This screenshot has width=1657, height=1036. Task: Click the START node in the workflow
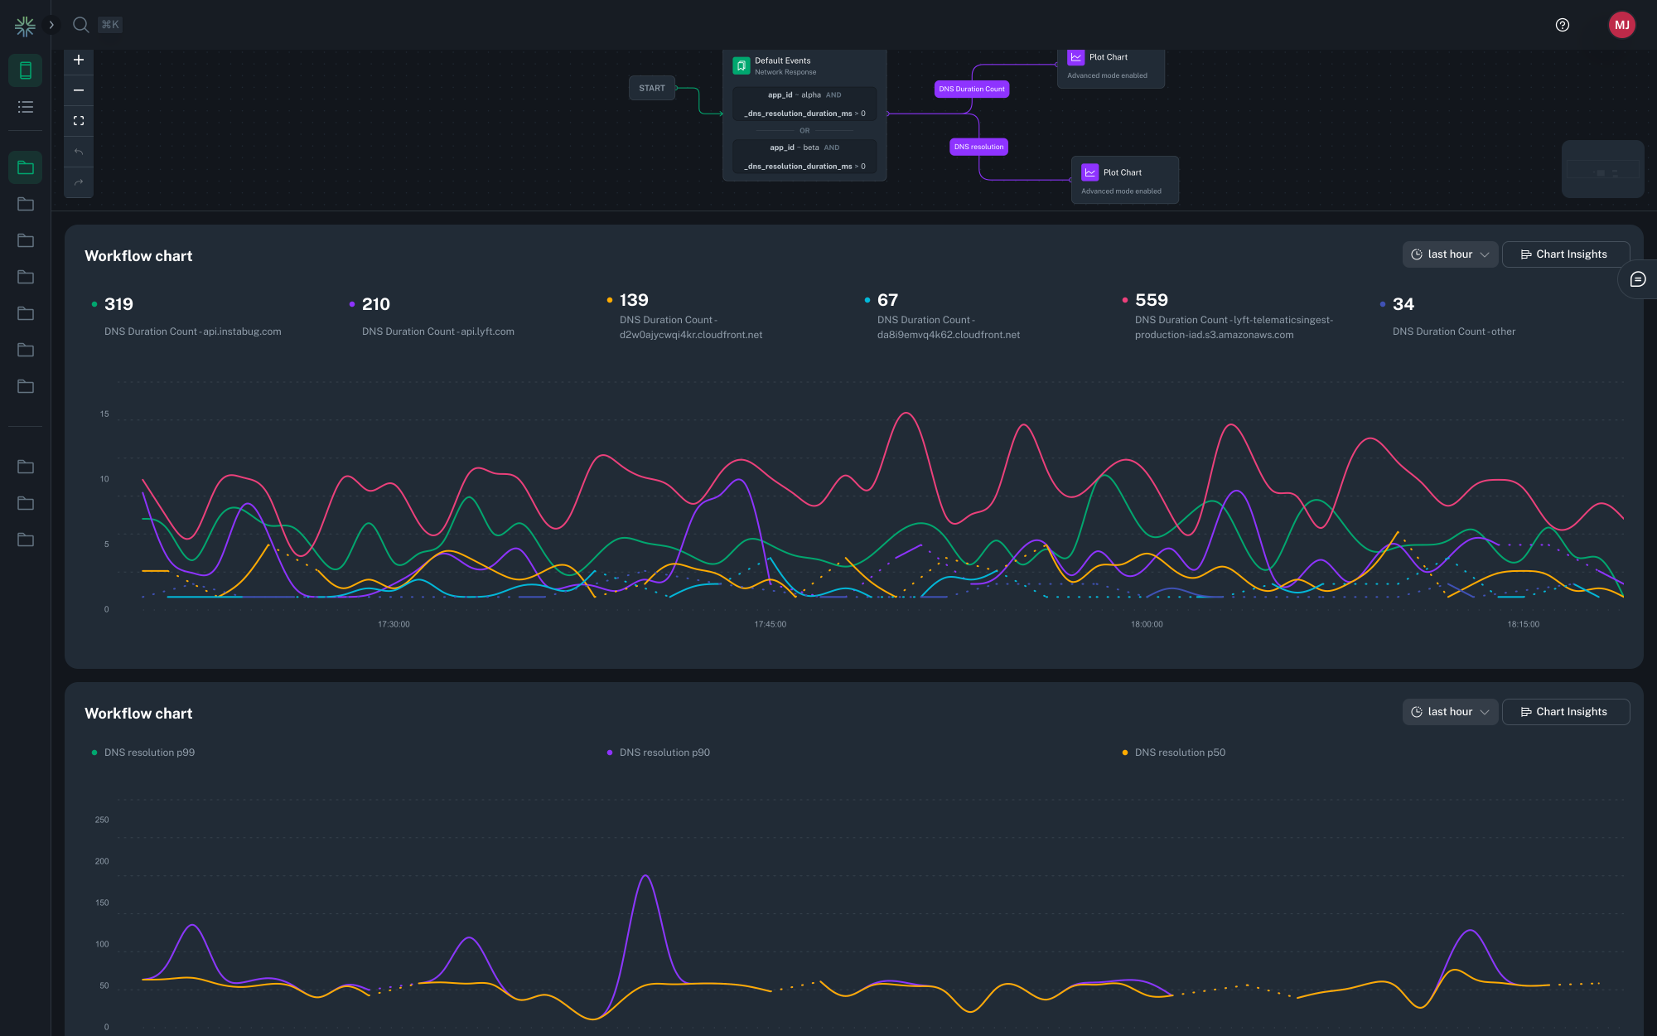(652, 88)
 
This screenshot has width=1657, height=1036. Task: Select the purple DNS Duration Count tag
(971, 89)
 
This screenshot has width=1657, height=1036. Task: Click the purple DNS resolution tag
(978, 147)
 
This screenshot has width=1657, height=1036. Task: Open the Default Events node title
(782, 61)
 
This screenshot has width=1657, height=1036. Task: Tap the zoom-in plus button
(79, 60)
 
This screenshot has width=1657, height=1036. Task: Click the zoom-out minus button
(79, 90)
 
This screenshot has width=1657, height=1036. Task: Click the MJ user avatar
(1621, 25)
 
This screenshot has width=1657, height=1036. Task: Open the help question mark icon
(1563, 25)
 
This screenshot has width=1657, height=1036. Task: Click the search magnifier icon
(80, 25)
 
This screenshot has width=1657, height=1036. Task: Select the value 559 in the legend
(1151, 300)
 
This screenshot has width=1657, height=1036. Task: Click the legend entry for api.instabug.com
(192, 332)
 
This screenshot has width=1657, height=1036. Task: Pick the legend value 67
(887, 300)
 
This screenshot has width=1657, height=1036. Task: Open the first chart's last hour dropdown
(1450, 254)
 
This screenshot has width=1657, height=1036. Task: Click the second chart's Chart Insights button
(1565, 712)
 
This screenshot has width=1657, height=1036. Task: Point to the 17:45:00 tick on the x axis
(770, 624)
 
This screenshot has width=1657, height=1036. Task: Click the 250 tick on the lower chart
(102, 820)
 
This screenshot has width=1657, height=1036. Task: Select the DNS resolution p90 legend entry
(664, 753)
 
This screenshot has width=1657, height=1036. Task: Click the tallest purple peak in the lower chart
(645, 876)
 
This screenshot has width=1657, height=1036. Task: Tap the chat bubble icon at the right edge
(1637, 279)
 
